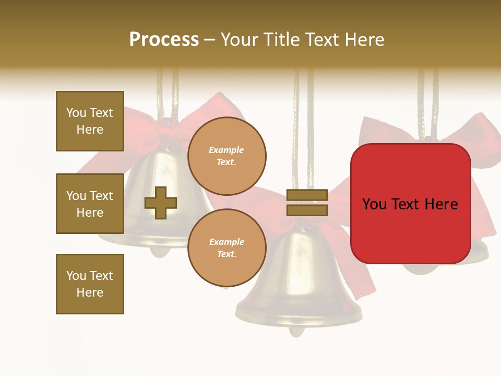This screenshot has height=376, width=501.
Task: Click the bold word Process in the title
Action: pyautogui.click(x=164, y=40)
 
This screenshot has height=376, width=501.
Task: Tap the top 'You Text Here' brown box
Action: pyautogui.click(x=90, y=121)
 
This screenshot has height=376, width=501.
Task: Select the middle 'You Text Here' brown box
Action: pyautogui.click(x=90, y=204)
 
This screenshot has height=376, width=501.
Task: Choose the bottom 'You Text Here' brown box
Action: pyautogui.click(x=90, y=284)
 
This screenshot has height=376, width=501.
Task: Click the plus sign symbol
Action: pyautogui.click(x=161, y=203)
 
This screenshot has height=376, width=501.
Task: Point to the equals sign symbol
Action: pyautogui.click(x=307, y=203)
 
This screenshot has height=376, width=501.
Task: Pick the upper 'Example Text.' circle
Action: pyautogui.click(x=226, y=156)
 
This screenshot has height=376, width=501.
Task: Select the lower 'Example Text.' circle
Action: pyautogui.click(x=226, y=248)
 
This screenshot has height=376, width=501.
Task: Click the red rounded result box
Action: pyautogui.click(x=410, y=203)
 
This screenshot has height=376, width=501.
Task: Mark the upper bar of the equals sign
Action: pyautogui.click(x=307, y=195)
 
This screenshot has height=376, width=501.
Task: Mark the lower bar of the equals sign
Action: pyautogui.click(x=307, y=210)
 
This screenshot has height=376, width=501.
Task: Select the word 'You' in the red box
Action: pyautogui.click(x=375, y=204)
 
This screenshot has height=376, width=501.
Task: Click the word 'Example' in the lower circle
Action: pyautogui.click(x=226, y=242)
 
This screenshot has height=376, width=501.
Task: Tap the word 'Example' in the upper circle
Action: pyautogui.click(x=226, y=150)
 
